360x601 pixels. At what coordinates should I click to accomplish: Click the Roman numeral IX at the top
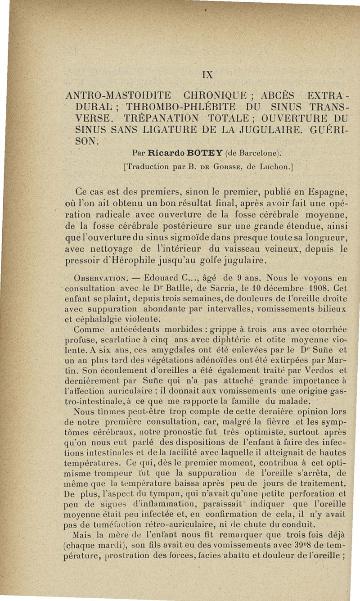[x=208, y=74]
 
